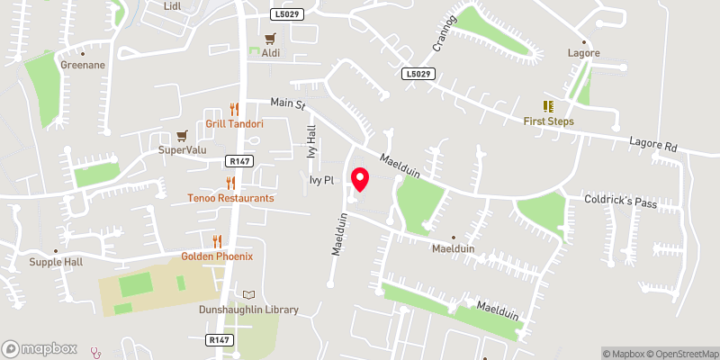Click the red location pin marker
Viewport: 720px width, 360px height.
tap(360, 180)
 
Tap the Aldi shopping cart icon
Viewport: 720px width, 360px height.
tap(270, 38)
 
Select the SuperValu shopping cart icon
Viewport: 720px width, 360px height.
tap(183, 136)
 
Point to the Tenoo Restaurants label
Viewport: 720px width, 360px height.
tap(230, 197)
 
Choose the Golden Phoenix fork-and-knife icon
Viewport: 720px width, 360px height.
tap(217, 240)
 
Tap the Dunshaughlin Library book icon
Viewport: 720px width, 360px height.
tap(248, 294)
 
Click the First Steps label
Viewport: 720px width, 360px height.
tap(549, 121)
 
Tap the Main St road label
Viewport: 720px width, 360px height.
tap(289, 103)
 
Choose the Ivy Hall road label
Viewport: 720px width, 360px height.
tap(312, 142)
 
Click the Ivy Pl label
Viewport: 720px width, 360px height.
tap(320, 181)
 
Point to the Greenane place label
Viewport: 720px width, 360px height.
tap(84, 66)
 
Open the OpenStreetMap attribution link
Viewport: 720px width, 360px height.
tap(680, 353)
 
